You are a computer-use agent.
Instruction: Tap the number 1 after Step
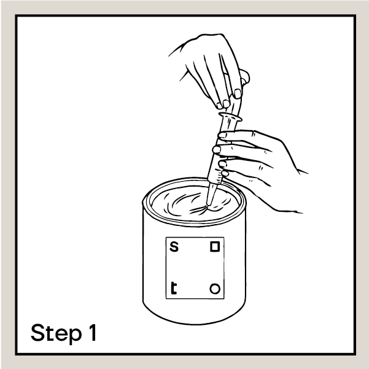[x=93, y=332]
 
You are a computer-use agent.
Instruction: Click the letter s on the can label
[x=174, y=247]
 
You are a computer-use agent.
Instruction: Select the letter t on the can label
[x=173, y=288]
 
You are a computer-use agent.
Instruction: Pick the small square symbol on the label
[x=215, y=247]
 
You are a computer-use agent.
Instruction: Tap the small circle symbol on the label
[x=215, y=289]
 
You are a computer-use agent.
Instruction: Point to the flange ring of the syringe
[x=230, y=117]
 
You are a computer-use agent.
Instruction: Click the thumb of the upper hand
[x=245, y=76]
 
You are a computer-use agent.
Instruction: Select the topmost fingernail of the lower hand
[x=222, y=135]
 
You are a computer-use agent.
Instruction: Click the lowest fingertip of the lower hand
[x=225, y=173]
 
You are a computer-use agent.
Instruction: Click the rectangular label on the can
[x=195, y=268]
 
